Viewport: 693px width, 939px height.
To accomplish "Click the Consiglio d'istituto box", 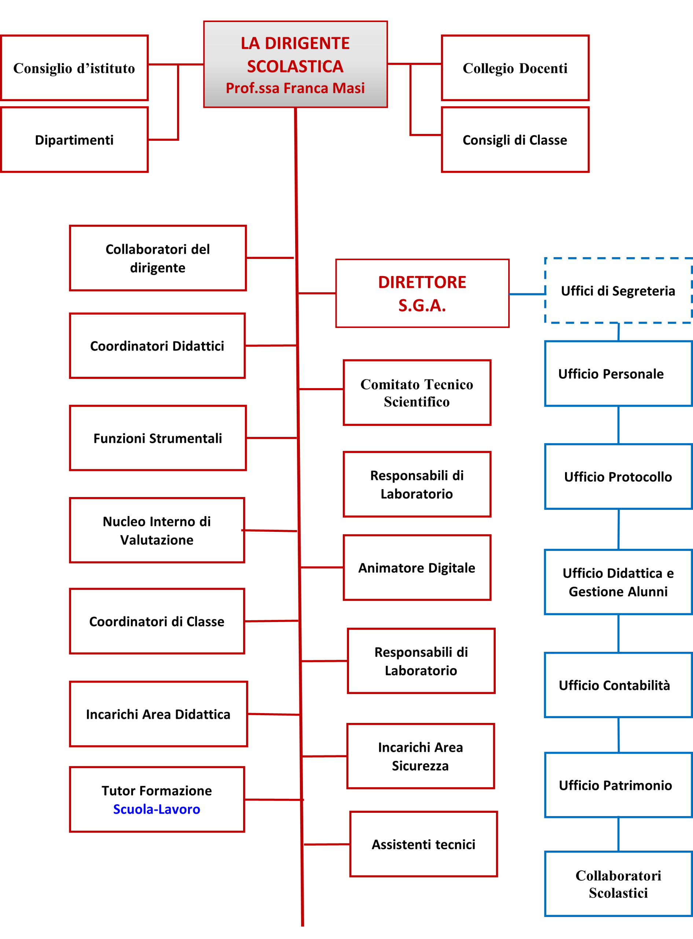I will point(74,68).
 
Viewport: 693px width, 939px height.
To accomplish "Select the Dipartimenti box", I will point(74,140).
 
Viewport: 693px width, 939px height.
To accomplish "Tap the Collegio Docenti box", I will point(515,68).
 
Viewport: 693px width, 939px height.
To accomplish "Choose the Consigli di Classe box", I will point(515,140).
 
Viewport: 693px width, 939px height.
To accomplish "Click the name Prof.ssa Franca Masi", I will point(295,88).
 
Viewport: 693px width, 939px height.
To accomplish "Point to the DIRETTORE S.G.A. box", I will point(422,293).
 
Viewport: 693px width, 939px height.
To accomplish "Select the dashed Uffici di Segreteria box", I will point(618,291).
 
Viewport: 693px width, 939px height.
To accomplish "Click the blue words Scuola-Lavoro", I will point(157,809).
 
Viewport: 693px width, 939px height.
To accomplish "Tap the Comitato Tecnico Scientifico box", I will point(417,393).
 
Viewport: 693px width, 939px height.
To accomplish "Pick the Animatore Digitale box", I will point(417,568).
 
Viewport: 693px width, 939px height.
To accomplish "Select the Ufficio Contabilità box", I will point(618,685).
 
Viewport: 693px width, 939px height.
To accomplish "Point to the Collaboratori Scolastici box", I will point(618,884).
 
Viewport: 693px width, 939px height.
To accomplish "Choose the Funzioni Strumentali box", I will point(158,438).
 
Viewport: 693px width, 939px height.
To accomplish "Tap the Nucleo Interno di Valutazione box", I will point(157,530).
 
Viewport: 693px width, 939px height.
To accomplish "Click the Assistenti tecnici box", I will point(423,844).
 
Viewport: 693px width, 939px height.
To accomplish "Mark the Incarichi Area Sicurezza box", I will point(420,756).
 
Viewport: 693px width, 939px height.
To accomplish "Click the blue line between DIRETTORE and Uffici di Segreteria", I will point(527,294).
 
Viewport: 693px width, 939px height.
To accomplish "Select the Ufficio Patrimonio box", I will point(618,785).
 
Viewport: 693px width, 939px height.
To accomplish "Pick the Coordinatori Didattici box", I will point(157,346).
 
